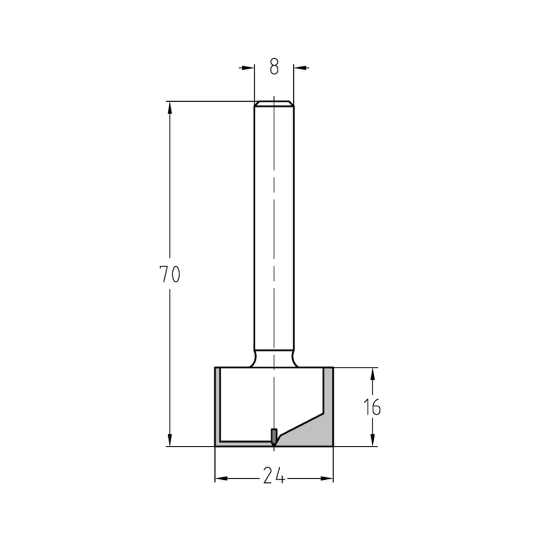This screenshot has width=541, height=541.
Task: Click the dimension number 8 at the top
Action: [274, 67]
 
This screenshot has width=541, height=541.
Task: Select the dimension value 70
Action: [169, 275]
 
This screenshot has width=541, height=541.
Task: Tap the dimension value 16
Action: [372, 407]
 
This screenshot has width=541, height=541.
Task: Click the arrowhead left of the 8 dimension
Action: [248, 68]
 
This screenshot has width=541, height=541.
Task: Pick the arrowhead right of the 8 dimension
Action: [300, 68]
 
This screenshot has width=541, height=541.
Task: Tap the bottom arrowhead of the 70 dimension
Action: [170, 440]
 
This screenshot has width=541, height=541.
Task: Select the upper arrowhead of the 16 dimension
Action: [372, 374]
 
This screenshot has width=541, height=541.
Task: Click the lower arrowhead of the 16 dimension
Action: [372, 440]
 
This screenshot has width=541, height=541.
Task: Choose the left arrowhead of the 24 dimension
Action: [221, 478]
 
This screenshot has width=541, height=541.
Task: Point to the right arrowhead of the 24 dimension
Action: [327, 478]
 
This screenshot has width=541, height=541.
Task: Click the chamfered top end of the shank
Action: [274, 103]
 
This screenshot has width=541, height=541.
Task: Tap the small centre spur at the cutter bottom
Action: [274, 435]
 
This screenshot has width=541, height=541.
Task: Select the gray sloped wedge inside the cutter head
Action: [311, 430]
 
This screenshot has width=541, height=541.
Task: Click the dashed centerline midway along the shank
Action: [274, 227]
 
